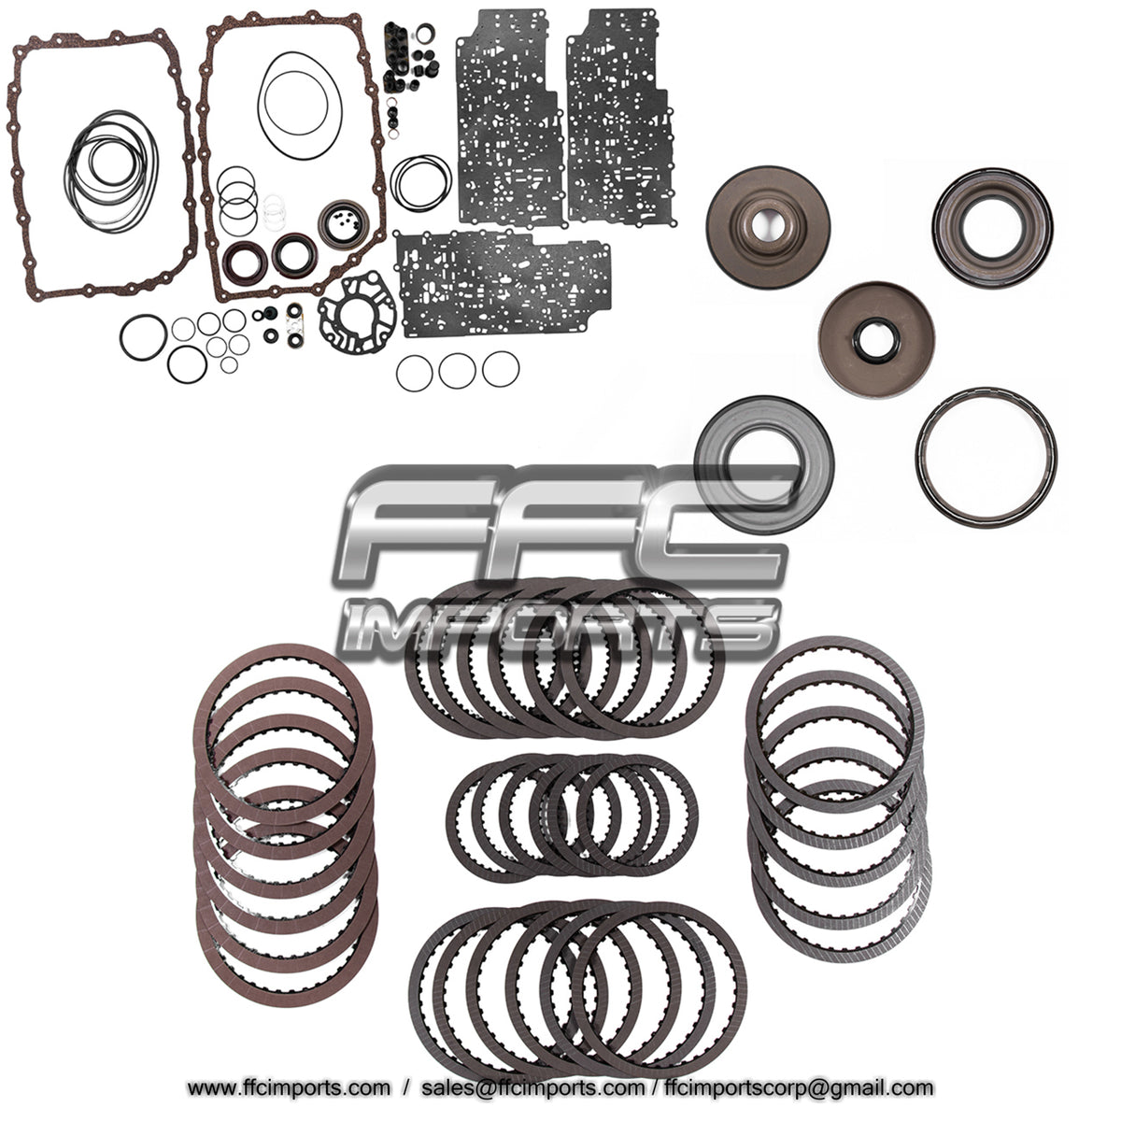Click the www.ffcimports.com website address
289,1087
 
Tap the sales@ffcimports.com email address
532,1087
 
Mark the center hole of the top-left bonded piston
759,225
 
